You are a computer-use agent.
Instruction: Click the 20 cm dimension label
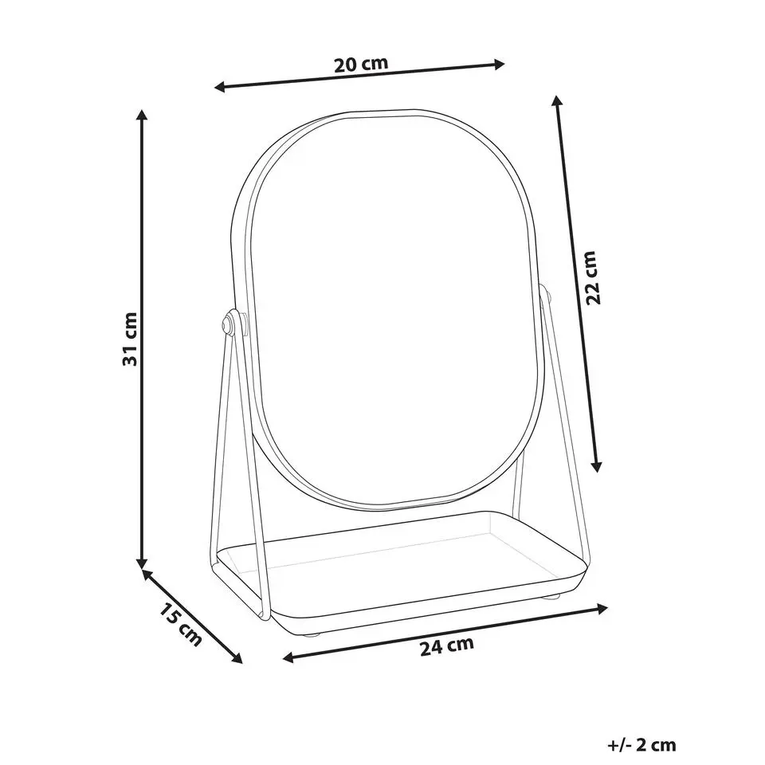pyautogui.click(x=361, y=65)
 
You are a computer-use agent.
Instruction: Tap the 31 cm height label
pyautogui.click(x=130, y=339)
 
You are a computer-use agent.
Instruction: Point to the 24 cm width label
pyautogui.click(x=447, y=646)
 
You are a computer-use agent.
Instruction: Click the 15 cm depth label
pyautogui.click(x=180, y=625)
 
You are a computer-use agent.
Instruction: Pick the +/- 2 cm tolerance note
pyautogui.click(x=641, y=745)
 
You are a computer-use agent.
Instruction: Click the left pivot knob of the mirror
pyautogui.click(x=227, y=324)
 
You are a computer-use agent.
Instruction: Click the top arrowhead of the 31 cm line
pyautogui.click(x=142, y=115)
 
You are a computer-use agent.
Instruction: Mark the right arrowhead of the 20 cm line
pyautogui.click(x=499, y=64)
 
